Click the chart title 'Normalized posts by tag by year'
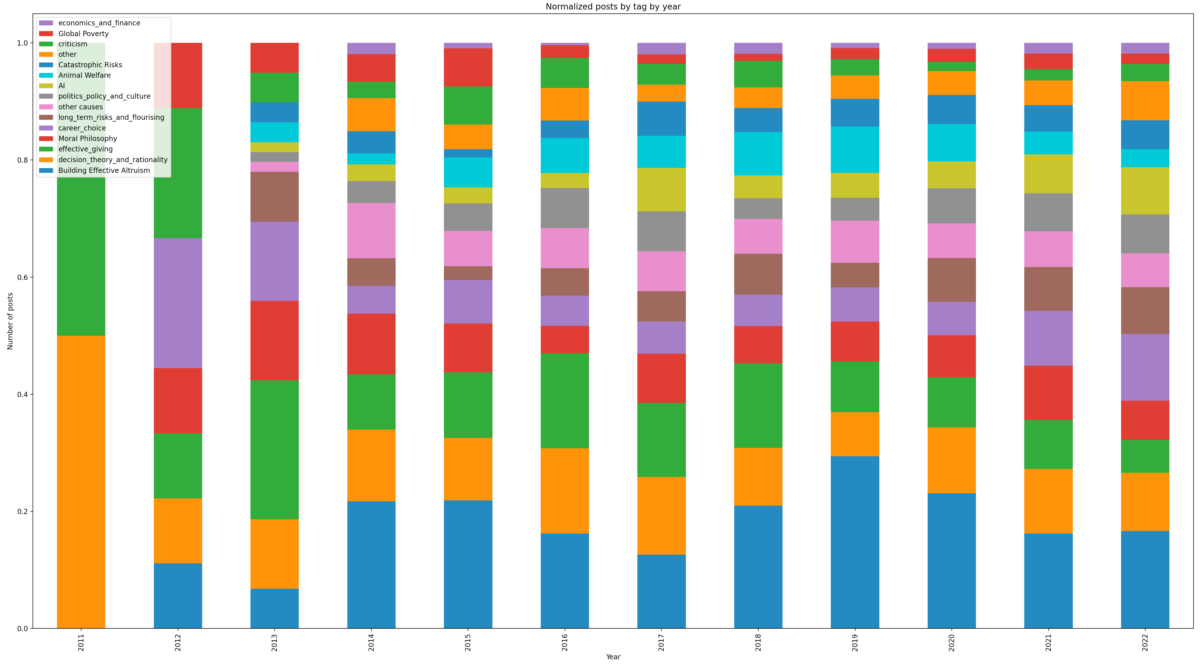[x=613, y=6]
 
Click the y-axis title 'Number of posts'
[x=10, y=321]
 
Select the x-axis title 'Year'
[x=613, y=657]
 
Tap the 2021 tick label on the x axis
[x=1048, y=642]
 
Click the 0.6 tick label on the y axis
[x=22, y=277]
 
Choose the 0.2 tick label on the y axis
[x=22, y=512]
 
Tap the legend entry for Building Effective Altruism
[x=104, y=170]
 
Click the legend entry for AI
[x=61, y=86]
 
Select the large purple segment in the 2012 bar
[x=178, y=303]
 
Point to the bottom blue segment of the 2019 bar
[x=855, y=542]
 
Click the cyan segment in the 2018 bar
[x=758, y=153]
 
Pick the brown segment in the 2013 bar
[x=274, y=197]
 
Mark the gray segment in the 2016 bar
[x=565, y=208]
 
